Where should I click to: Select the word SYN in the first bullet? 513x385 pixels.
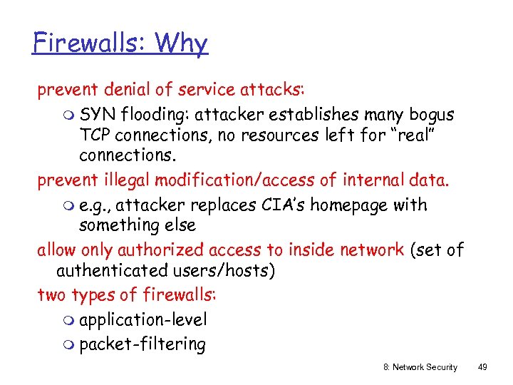(98, 114)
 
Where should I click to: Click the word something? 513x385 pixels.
(118, 225)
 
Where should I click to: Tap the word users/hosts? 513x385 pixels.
(220, 271)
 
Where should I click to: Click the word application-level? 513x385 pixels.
(142, 320)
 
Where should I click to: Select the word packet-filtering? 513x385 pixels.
(142, 344)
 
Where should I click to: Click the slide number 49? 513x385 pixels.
(482, 366)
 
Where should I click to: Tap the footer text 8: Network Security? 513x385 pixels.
(420, 366)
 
